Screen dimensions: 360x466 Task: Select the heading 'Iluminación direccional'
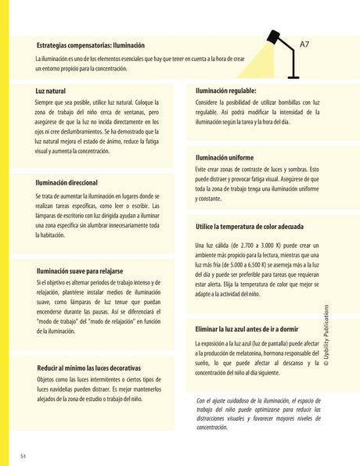tap(72, 182)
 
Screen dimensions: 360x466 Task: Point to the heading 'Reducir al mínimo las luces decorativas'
tap(88, 367)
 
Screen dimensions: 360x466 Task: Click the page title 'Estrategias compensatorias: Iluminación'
tap(90, 45)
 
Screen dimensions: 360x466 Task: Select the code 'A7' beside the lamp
tap(304, 45)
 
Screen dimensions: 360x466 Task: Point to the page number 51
tap(24, 455)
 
